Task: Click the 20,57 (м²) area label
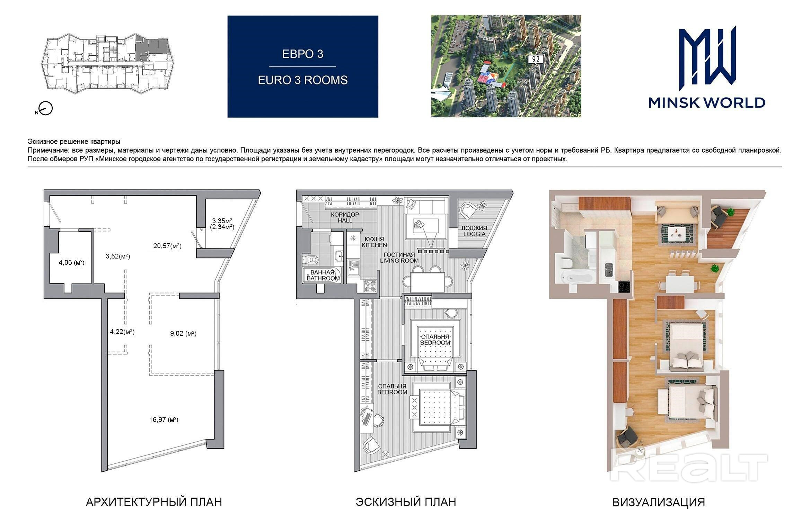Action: click(167, 246)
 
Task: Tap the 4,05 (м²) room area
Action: click(71, 263)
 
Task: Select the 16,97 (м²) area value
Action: click(164, 420)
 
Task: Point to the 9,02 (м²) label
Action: click(183, 334)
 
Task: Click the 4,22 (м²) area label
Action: click(122, 332)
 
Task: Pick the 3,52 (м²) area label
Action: click(118, 256)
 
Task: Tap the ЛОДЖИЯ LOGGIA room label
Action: click(474, 231)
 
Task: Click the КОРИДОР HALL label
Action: click(345, 217)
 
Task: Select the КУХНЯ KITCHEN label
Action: click(374, 242)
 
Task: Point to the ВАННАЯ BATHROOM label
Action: click(323, 275)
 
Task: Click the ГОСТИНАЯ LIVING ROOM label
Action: click(399, 257)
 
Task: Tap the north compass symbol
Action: click(45, 109)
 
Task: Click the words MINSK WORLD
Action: click(707, 103)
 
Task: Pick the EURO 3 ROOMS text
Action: click(303, 80)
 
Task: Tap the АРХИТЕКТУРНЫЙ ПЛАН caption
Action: click(154, 502)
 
